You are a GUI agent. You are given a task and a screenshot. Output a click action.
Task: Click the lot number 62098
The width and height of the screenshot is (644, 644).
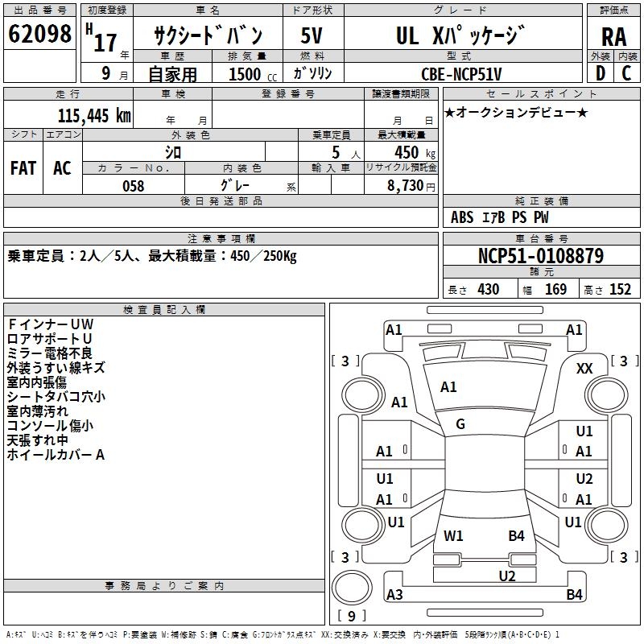point(39,34)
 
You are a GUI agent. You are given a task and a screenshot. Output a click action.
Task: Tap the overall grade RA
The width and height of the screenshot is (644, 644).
point(614,37)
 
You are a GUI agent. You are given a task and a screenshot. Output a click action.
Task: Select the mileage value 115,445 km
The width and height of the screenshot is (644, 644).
point(94,116)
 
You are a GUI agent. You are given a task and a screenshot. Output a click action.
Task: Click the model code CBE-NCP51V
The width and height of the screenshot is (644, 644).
point(461,74)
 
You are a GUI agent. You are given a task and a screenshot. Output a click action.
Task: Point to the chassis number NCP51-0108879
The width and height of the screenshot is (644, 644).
point(541,256)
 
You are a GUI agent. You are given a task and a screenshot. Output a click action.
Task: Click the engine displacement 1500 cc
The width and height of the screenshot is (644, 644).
point(253,74)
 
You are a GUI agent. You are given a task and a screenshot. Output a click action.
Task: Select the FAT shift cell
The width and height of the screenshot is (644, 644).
point(23,168)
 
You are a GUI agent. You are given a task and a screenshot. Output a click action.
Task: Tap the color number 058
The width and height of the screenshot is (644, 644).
point(134,186)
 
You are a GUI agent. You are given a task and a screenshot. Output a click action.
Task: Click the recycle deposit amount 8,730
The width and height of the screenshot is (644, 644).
point(406,186)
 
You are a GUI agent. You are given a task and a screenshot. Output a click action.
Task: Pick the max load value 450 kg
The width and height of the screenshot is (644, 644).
point(415,153)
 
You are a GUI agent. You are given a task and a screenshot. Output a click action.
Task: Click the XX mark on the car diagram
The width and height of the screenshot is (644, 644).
point(584,369)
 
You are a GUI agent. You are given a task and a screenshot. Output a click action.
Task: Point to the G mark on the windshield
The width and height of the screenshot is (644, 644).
point(460,424)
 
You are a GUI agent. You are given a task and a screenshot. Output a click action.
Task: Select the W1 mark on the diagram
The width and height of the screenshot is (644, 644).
point(453,536)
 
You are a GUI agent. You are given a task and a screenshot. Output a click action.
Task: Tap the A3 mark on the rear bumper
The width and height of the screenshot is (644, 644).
point(394,594)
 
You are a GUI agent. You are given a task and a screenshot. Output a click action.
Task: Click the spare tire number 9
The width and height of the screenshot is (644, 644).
point(351,616)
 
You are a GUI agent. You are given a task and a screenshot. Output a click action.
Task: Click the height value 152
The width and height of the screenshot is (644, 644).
point(620,289)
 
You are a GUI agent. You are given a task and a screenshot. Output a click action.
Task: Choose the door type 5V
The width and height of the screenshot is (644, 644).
point(312,35)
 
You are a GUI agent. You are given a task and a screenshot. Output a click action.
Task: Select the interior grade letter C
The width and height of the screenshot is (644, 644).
point(626,73)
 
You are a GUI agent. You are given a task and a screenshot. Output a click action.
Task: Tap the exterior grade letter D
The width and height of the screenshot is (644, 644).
point(601,73)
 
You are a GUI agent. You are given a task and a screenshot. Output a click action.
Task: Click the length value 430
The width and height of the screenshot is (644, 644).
point(489,289)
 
